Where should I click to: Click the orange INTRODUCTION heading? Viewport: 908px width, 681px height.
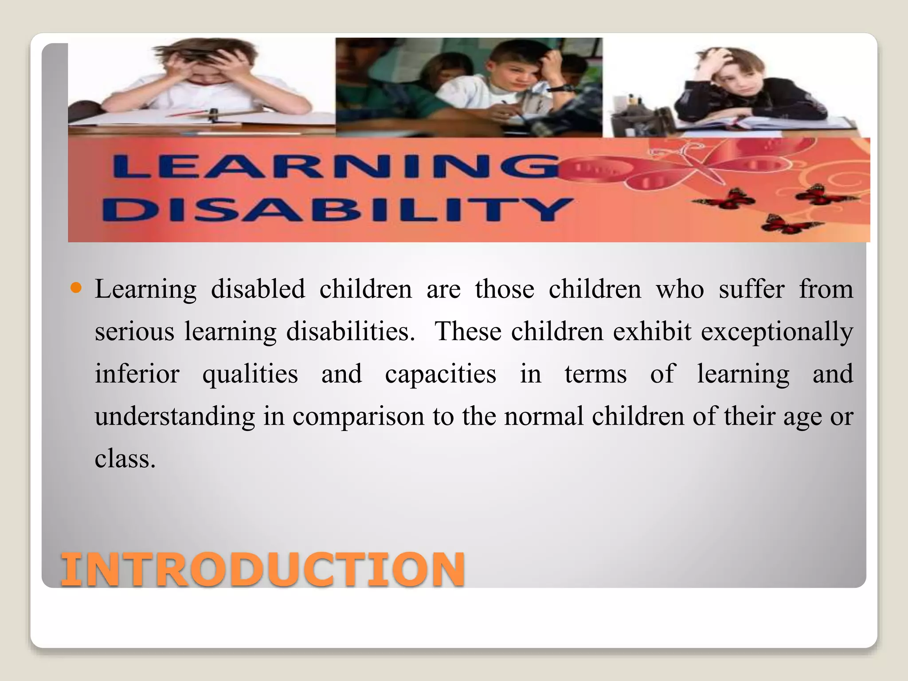(x=262, y=569)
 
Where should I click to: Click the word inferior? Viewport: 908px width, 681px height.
(x=137, y=374)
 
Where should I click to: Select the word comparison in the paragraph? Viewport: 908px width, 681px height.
(x=358, y=416)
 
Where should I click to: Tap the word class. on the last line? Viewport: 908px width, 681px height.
(x=125, y=458)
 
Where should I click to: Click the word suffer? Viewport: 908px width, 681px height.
(x=751, y=289)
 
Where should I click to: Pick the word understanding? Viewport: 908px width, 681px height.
(x=175, y=416)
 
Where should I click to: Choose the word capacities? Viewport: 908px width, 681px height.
(x=440, y=374)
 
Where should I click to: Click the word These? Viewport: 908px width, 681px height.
(x=468, y=331)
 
